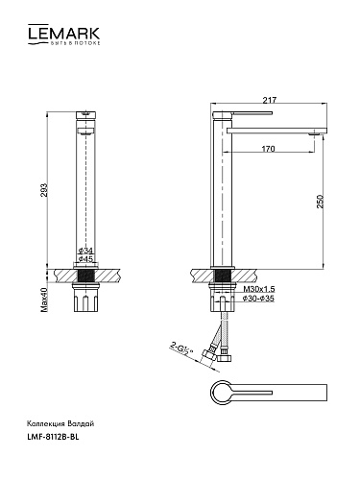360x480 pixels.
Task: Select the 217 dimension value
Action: [x=269, y=100]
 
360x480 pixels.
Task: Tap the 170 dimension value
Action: [x=268, y=149]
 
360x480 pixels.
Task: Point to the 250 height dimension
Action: [x=320, y=202]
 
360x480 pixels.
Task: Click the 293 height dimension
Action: [x=43, y=190]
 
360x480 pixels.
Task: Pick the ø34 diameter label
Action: [x=85, y=251]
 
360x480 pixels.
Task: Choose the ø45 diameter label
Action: [x=85, y=258]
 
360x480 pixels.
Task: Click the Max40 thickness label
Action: [x=44, y=300]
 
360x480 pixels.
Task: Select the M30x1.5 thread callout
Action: [x=259, y=289]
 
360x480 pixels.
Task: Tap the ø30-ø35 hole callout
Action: [x=258, y=299]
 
